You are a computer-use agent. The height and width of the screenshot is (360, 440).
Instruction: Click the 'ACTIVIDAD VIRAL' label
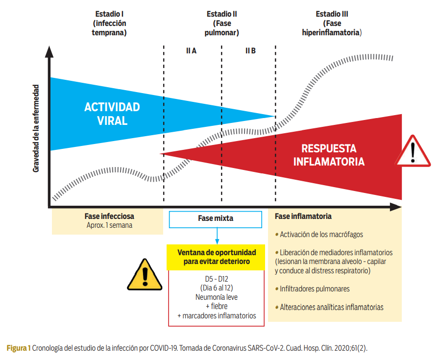(112, 114)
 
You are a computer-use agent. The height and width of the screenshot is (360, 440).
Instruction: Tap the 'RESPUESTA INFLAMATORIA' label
(329, 155)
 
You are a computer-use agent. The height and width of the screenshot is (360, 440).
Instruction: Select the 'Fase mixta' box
(216, 219)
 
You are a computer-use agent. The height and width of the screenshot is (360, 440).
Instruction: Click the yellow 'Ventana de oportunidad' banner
(216, 257)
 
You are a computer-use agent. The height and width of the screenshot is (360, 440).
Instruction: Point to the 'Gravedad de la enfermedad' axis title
(36, 128)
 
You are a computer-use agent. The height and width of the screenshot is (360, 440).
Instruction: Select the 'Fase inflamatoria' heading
(303, 216)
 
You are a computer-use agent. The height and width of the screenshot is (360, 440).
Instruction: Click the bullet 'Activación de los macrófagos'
(321, 234)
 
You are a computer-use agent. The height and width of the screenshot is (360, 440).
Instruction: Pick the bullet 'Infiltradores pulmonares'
(314, 288)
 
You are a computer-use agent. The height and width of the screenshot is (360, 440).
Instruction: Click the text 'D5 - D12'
(216, 279)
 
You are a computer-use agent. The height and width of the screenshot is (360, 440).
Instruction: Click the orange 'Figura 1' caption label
(19, 348)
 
